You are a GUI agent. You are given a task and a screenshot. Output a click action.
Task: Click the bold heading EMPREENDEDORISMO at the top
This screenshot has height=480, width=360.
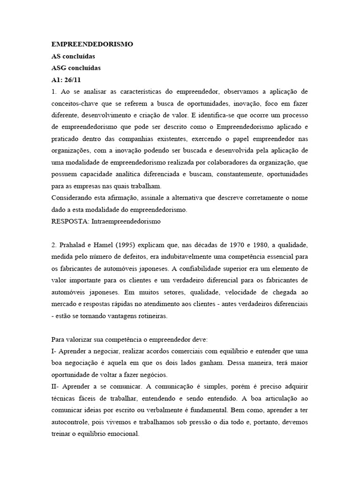tap(92, 44)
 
